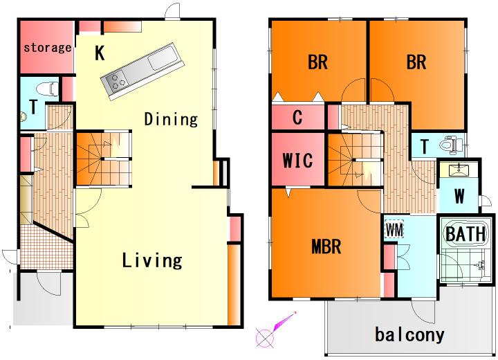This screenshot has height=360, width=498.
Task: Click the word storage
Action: [x=47, y=48]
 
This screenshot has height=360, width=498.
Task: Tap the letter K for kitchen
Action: [x=100, y=53]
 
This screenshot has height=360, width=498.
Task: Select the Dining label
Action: [x=172, y=119]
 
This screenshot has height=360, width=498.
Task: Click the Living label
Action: [x=152, y=260]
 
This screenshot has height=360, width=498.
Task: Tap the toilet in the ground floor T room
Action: [x=47, y=89]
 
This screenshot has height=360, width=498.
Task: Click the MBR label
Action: [x=326, y=246]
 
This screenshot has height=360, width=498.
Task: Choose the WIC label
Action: [x=297, y=160]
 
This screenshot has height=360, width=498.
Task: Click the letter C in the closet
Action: [x=297, y=118]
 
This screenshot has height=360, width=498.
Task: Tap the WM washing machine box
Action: [x=394, y=229]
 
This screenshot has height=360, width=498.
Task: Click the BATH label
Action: [x=465, y=234]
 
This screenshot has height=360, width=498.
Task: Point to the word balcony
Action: [x=409, y=335]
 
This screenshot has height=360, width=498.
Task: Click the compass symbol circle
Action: [x=264, y=336]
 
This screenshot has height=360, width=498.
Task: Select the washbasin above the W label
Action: [x=459, y=170]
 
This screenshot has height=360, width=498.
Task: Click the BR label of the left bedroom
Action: [x=317, y=62]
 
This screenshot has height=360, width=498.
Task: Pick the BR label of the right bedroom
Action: [x=416, y=62]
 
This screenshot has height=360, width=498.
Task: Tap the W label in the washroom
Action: [x=459, y=196]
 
